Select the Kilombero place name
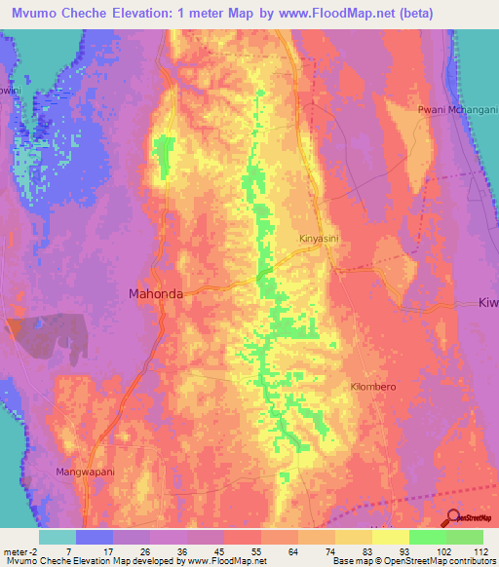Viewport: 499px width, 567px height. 370,387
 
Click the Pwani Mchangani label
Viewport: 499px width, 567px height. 452,109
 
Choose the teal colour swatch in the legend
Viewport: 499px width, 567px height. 58,537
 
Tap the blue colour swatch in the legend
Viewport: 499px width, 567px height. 95,537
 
